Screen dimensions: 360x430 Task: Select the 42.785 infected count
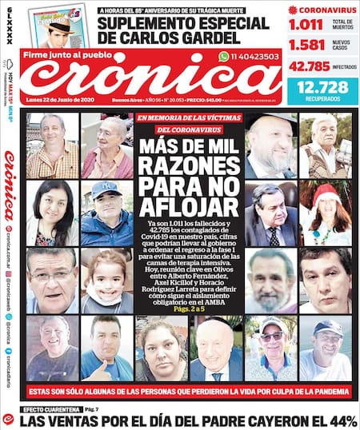coord(310,66)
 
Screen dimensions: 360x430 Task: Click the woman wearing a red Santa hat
coord(326,212)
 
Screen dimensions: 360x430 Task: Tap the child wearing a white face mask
coord(106,282)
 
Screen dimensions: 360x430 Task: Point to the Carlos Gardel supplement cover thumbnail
coord(60,25)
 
